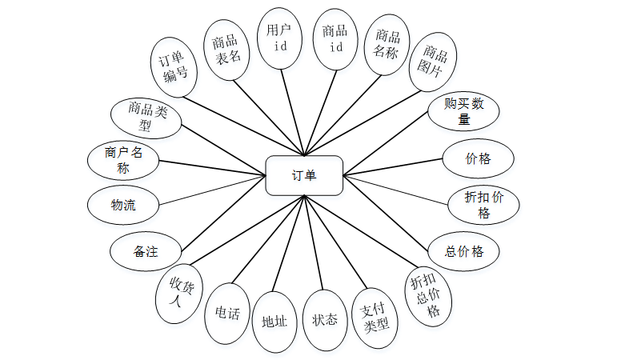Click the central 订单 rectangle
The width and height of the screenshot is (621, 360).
pos(304,175)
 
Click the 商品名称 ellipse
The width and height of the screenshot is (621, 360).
pos(387,47)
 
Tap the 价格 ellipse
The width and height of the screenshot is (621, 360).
pos(478,158)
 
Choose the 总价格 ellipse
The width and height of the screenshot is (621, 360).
pos(464,251)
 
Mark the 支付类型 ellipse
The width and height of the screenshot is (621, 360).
pos(375,317)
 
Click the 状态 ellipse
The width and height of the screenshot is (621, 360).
pos(325,321)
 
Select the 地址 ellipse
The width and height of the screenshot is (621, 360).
pos(274,322)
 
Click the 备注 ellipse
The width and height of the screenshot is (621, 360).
pos(146,251)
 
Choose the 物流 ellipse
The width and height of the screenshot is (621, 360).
pos(123,205)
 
